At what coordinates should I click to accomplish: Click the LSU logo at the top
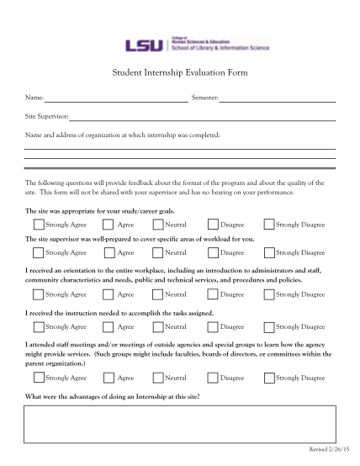[x=135, y=46]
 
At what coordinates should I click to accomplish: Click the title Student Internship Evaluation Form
[x=179, y=73]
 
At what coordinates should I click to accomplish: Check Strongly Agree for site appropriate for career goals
[x=39, y=225]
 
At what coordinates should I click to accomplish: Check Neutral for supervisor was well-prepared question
[x=157, y=252]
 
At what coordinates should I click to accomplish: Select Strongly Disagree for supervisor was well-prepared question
[x=268, y=252]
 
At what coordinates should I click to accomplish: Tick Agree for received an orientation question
[x=108, y=294]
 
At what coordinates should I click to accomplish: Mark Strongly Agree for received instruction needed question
[x=39, y=326]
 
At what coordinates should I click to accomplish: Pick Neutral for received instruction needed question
[x=157, y=326]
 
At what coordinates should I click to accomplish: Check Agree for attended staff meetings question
[x=108, y=378]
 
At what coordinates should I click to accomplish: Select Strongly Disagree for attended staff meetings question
[x=268, y=378]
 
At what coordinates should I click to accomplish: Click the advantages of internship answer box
[x=179, y=424]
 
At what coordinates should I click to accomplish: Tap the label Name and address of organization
[x=122, y=134]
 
